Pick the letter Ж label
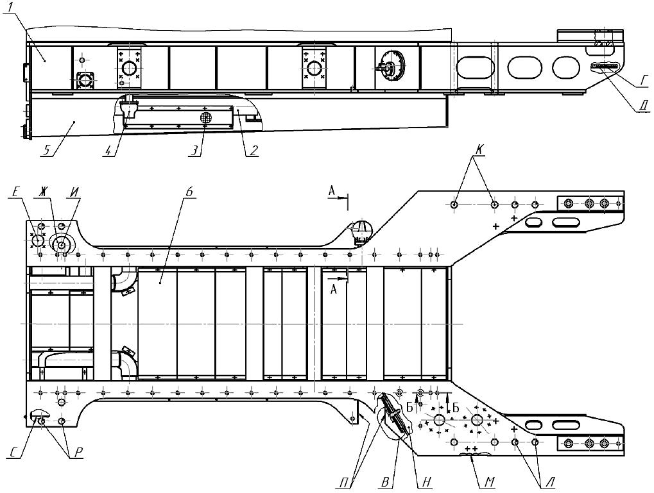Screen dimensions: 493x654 [44, 190]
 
